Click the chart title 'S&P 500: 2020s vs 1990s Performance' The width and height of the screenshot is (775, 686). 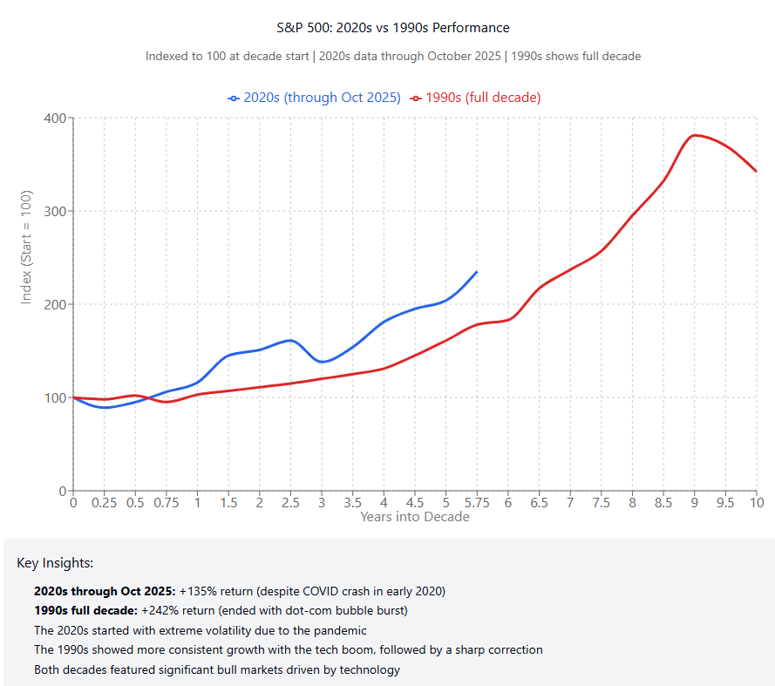point(392,28)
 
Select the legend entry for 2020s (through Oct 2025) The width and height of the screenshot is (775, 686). point(315,98)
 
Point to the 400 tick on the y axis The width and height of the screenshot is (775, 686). point(54,119)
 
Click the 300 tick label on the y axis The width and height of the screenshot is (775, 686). point(54,212)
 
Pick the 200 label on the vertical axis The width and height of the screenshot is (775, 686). point(54,305)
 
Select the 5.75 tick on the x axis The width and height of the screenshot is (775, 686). point(477,502)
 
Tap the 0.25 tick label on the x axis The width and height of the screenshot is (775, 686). point(104,502)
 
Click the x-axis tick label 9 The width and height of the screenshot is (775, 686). point(695,502)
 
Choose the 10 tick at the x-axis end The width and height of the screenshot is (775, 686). point(756,502)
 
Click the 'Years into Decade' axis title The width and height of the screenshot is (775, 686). point(415,517)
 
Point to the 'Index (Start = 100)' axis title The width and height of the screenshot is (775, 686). point(26,247)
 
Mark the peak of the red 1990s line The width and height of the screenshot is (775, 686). point(695,135)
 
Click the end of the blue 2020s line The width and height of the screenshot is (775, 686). point(477,272)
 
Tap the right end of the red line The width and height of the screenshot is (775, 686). point(756,171)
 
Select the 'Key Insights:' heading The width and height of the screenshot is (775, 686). point(55,563)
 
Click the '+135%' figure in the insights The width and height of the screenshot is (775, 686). point(197,591)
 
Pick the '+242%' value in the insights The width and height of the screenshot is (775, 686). point(160,610)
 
